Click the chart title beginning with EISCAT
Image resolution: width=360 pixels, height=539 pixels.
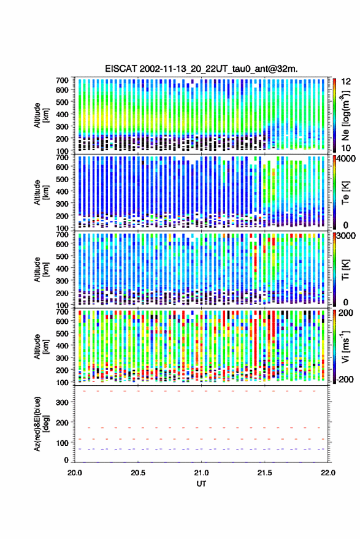[201, 69]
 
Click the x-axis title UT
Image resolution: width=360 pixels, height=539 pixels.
[201, 484]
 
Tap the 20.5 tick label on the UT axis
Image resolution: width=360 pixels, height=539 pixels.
[138, 473]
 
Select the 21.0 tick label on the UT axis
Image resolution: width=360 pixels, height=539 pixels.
[201, 473]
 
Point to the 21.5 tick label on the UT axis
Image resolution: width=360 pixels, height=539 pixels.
[264, 473]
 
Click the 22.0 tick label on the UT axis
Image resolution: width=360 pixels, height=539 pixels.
[327, 473]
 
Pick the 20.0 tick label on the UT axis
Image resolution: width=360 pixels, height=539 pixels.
[75, 473]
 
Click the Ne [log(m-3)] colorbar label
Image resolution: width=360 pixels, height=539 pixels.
[346, 115]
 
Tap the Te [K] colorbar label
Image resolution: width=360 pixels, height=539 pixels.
[345, 193]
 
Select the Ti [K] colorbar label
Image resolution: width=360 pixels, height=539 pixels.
[345, 270]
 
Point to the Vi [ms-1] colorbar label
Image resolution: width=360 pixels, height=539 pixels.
[345, 346]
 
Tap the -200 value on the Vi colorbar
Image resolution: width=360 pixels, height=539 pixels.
[345, 380]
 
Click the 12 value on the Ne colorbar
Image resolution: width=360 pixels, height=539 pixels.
[346, 82]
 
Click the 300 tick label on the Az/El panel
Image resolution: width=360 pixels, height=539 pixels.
[62, 402]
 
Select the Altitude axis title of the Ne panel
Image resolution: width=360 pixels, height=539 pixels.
[42, 115]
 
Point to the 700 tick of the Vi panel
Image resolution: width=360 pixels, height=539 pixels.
[62, 312]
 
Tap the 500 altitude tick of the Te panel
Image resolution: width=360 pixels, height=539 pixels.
[62, 179]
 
